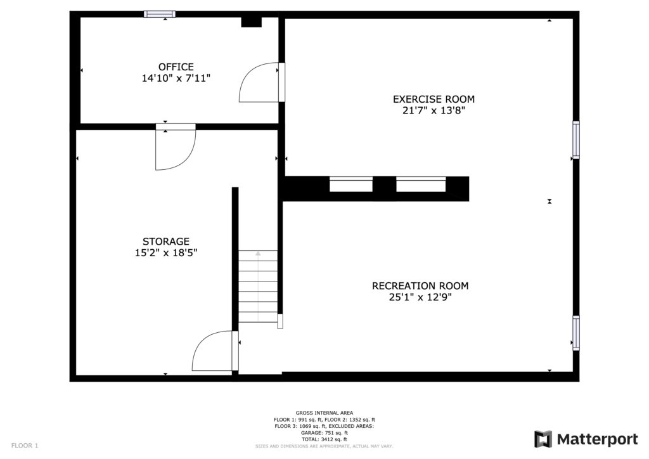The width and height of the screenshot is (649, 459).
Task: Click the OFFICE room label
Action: pyautogui.click(x=176, y=67)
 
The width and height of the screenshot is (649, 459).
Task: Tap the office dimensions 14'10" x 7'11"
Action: pyautogui.click(x=176, y=78)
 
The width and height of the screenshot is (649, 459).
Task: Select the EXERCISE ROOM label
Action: pyautogui.click(x=434, y=100)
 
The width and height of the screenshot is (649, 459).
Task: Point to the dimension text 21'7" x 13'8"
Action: pyautogui.click(x=434, y=110)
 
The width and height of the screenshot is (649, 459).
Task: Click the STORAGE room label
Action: pyautogui.click(x=166, y=242)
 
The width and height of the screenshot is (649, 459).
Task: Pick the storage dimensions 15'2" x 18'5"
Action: pyautogui.click(x=166, y=253)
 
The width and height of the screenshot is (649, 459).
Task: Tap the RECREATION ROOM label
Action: pyautogui.click(x=420, y=285)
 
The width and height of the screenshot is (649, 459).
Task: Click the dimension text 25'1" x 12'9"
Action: pyautogui.click(x=420, y=297)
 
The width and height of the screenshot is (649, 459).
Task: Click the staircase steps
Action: pyautogui.click(x=258, y=287)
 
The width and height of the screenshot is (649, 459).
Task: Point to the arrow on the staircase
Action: pyautogui.click(x=258, y=285)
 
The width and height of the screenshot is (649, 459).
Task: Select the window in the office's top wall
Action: pyautogui.click(x=160, y=14)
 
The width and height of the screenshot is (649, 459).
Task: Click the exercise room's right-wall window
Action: pyautogui.click(x=575, y=140)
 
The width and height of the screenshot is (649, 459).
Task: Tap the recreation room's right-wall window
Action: pyautogui.click(x=575, y=333)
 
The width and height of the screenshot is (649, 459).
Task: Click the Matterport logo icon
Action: pyautogui.click(x=543, y=439)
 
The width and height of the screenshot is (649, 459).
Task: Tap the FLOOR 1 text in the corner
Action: pyautogui.click(x=25, y=446)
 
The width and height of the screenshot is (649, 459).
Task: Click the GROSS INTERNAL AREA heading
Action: pyautogui.click(x=324, y=413)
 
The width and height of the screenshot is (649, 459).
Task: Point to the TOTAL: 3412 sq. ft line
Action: pyautogui.click(x=324, y=439)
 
